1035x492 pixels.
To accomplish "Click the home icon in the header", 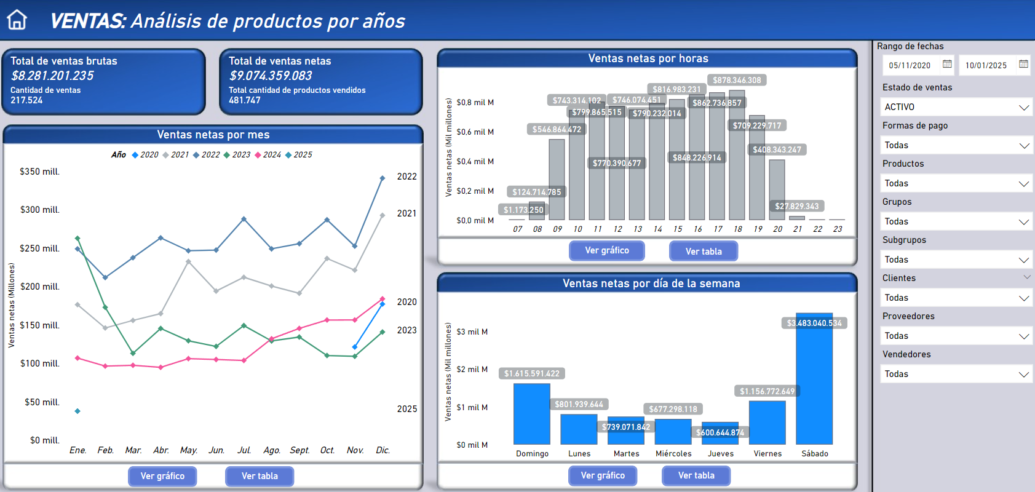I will click(17, 20).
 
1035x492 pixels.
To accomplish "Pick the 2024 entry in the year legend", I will click(268, 155).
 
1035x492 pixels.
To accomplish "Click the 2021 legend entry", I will click(176, 155).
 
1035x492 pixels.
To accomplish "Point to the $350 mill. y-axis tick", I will click(40, 172).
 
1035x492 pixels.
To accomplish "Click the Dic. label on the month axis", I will click(383, 450).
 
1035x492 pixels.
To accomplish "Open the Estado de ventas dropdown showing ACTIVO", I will click(956, 107).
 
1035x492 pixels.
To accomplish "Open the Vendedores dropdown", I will click(956, 374).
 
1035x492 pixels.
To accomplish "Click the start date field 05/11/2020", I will click(910, 65).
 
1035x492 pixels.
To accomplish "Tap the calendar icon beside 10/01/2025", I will click(1023, 64).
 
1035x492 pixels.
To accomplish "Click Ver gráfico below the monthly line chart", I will click(162, 476).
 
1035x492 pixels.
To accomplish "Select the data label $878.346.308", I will click(737, 80).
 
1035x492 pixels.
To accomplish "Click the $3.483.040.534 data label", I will click(814, 323).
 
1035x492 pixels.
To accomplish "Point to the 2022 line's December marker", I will click(383, 178).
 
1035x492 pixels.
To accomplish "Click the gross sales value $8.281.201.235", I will click(52, 76).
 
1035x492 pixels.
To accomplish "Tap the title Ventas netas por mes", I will click(213, 135).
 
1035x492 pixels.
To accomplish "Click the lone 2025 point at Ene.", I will click(77, 411).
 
